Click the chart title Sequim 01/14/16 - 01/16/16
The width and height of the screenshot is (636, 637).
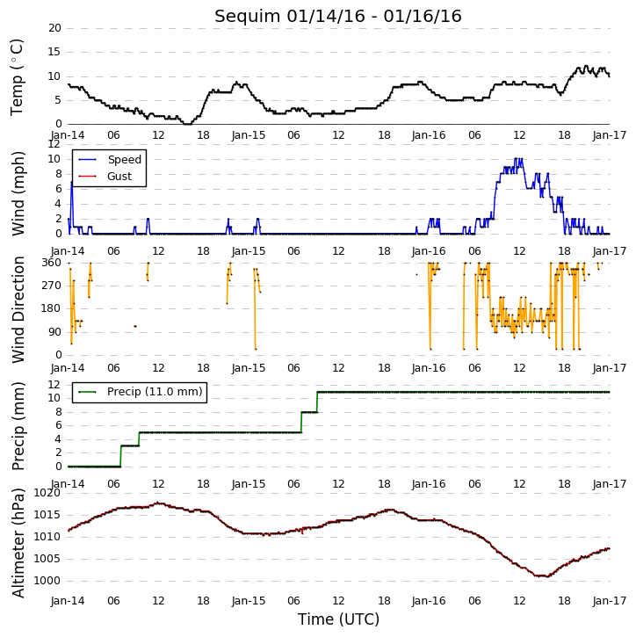point(338,16)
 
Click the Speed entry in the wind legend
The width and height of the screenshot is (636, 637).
point(124,159)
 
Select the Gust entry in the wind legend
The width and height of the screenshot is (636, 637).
point(119,176)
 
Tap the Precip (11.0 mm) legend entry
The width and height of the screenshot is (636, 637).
point(155,392)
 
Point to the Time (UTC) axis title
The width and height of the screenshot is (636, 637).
point(338,619)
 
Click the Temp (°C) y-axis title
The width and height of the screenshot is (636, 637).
point(17,77)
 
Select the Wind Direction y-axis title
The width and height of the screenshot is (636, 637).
point(18,309)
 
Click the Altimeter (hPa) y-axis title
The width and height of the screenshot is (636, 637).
point(18,543)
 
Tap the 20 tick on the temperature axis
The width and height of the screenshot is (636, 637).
point(54,28)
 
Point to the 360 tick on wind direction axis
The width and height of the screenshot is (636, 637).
point(52,263)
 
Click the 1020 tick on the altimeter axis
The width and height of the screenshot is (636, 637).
point(47,493)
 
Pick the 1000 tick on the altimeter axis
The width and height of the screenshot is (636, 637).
point(47,581)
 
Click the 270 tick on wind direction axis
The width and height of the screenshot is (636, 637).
point(52,286)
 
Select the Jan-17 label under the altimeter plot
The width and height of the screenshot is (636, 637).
point(610,600)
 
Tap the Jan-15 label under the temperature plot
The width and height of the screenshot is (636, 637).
point(249,135)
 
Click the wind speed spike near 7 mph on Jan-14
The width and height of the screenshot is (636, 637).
point(71,183)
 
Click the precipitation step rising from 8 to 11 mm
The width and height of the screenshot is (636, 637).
point(317,402)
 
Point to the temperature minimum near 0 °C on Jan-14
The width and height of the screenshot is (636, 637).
point(187,124)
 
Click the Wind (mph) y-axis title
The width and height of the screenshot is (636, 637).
point(18,193)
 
